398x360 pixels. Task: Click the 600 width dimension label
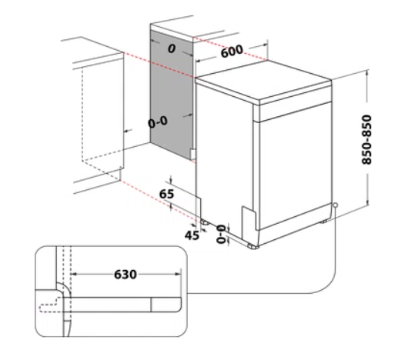point(232,52)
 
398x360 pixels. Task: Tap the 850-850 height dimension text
point(366,140)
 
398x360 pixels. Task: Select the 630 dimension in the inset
point(125,275)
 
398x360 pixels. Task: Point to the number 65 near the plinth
point(166,194)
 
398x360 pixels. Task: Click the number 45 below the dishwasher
point(192,235)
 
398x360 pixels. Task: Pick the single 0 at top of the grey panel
point(172,48)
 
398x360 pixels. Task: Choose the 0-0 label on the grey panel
point(158,122)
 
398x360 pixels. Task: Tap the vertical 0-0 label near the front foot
point(221,234)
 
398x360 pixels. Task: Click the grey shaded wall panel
point(172,95)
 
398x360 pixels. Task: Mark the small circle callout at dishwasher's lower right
point(335,205)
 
